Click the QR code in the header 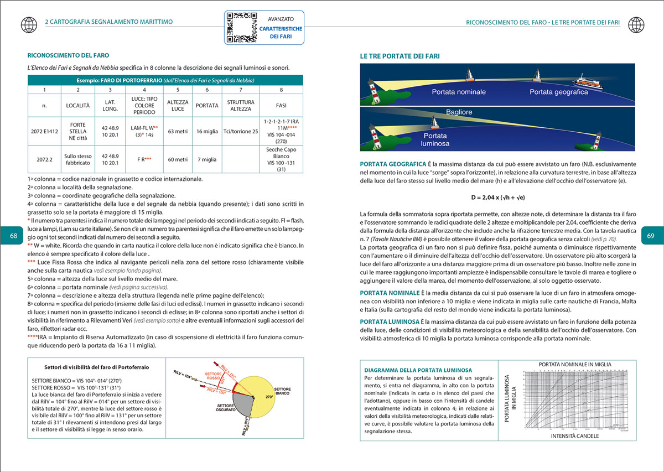240,27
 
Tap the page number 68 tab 13,236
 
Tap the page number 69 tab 651,236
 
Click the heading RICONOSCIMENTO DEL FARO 68,55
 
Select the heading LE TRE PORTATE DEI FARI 400,56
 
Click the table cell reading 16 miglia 207,131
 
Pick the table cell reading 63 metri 177,131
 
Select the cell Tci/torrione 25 240,131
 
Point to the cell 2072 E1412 44,131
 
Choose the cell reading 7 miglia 207,159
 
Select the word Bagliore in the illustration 459,112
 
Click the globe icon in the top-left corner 27,24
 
